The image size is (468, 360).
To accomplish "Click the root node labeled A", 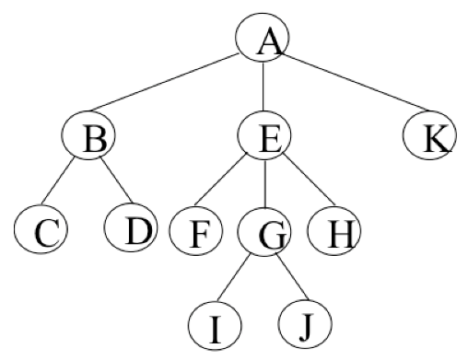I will pyautogui.click(x=263, y=41).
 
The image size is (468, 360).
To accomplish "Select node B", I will pyautogui.click(x=90, y=139).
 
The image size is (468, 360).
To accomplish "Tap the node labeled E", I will pyautogui.click(x=264, y=139).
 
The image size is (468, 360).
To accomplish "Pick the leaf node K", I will pyautogui.click(x=429, y=139).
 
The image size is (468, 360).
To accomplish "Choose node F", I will pyautogui.click(x=195, y=231).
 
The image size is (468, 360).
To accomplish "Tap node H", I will pyautogui.click(x=333, y=231).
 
